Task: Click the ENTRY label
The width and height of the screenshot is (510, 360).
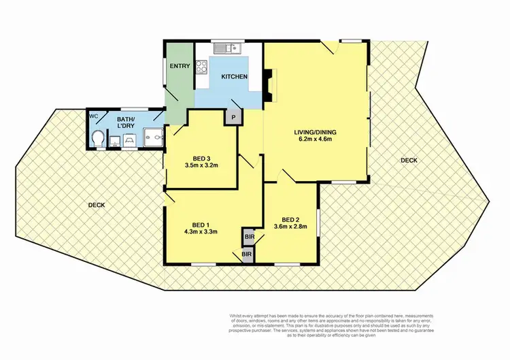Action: tap(180, 66)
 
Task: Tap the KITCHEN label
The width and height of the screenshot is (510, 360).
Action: tap(234, 77)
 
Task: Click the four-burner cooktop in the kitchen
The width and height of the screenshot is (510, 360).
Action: tap(202, 67)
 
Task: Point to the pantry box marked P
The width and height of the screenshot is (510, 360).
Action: tap(233, 117)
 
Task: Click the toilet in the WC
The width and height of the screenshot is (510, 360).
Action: tap(99, 138)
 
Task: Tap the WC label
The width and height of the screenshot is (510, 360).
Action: tap(94, 116)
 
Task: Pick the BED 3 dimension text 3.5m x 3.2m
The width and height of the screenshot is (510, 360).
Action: tap(201, 165)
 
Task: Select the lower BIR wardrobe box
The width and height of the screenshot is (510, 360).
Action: tap(246, 254)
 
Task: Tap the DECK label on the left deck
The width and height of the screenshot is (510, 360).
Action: tap(96, 205)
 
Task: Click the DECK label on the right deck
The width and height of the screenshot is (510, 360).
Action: tap(408, 161)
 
